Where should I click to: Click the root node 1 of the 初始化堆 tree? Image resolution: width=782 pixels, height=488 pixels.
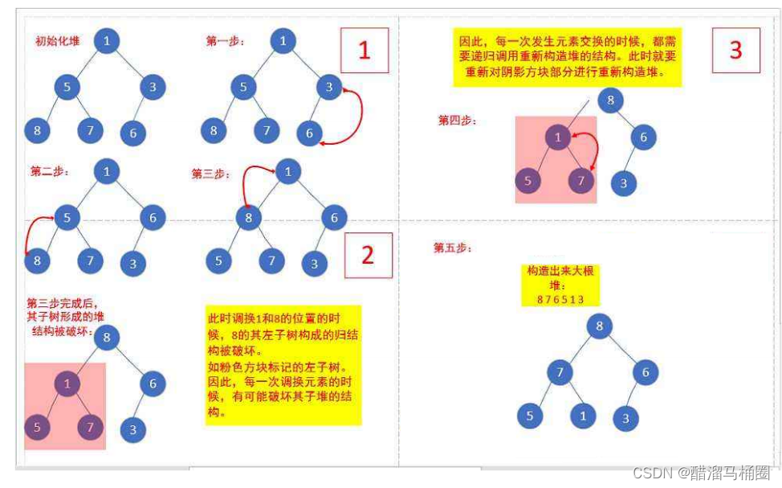[107, 40]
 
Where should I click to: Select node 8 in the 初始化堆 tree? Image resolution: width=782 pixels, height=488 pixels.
[37, 129]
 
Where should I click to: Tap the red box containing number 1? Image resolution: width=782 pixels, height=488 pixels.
[364, 51]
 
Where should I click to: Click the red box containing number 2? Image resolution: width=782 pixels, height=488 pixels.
[368, 255]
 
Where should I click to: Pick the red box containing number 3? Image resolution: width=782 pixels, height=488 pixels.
[735, 50]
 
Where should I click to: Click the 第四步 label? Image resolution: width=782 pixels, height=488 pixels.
[457, 121]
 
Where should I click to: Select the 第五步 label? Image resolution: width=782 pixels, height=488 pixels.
[453, 248]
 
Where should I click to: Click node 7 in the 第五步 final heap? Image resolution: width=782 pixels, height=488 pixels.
[560, 371]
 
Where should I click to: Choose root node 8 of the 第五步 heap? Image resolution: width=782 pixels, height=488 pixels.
[599, 326]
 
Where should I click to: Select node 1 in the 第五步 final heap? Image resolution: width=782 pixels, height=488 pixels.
[583, 416]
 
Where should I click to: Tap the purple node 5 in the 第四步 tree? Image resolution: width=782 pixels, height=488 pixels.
[527, 181]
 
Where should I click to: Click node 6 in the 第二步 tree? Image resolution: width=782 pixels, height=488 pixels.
[153, 217]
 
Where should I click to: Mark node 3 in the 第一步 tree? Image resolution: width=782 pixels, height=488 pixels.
[328, 87]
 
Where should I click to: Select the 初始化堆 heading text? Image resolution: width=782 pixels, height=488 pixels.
[57, 40]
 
